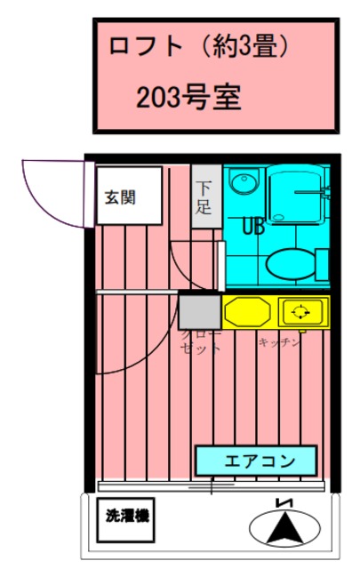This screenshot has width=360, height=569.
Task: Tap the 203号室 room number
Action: [188, 95]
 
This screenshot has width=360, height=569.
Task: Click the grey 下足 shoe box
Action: [205, 196]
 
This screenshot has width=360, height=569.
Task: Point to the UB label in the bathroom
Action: [252, 225]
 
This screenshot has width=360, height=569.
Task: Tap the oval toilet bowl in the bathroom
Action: [289, 264]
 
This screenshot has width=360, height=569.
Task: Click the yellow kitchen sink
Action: [246, 312]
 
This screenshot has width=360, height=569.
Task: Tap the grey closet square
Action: [199, 312]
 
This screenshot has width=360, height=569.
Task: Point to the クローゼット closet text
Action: [200, 343]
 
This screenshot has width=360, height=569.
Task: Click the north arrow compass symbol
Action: [285, 530]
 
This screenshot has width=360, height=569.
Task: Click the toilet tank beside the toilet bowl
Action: [321, 264]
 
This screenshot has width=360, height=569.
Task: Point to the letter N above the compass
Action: [285, 503]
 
